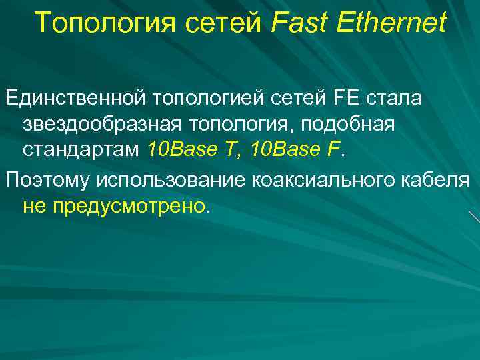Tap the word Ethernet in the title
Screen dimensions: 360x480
pos(391,23)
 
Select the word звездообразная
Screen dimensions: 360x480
pos(99,125)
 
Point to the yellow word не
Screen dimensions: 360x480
pos(33,206)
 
